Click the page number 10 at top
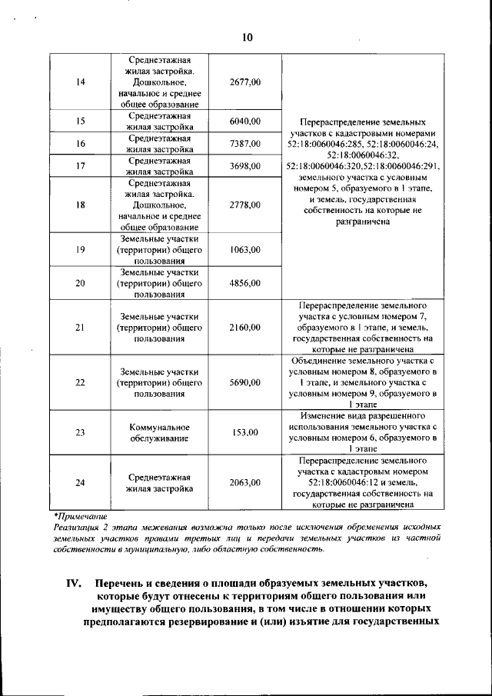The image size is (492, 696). click(x=246, y=37)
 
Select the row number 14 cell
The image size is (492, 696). click(x=80, y=83)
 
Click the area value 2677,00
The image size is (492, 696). click(x=245, y=83)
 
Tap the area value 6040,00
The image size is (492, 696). click(x=245, y=122)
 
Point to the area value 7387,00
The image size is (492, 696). click(x=245, y=144)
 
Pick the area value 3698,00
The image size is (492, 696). click(x=245, y=166)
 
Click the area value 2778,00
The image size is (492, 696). click(x=245, y=205)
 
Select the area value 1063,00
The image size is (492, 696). click(x=245, y=250)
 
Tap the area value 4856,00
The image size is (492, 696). click(x=245, y=283)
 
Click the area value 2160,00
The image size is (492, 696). click(x=245, y=328)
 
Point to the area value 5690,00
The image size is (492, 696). click(x=245, y=382)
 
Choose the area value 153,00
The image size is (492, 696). click(x=245, y=433)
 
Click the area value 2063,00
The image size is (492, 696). click(x=245, y=482)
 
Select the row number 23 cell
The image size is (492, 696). click(x=80, y=432)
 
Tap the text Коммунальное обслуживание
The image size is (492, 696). click(x=159, y=432)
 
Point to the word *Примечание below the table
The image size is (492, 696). click(x=81, y=516)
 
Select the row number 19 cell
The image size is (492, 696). click(x=80, y=250)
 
